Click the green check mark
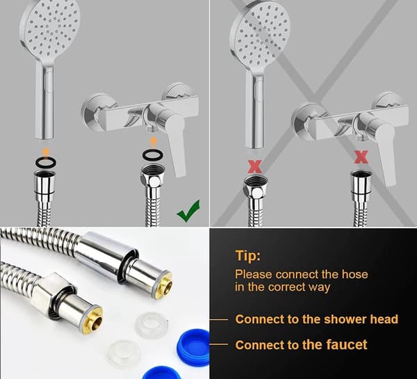point(188,211)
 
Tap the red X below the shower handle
point(254,167)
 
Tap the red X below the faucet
point(361,156)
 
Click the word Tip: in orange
point(248,257)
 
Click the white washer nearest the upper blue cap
point(151,325)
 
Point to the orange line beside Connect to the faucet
point(219,344)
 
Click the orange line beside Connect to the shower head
point(219,320)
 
